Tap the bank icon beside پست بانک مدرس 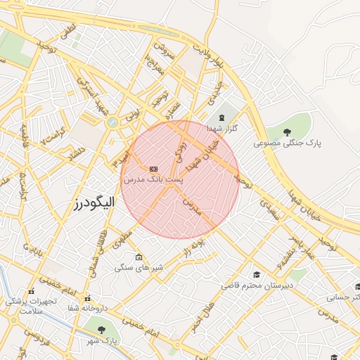tap(153, 169)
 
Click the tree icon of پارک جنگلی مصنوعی tap(287, 131)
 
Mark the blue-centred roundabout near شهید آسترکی tap(111, 123)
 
